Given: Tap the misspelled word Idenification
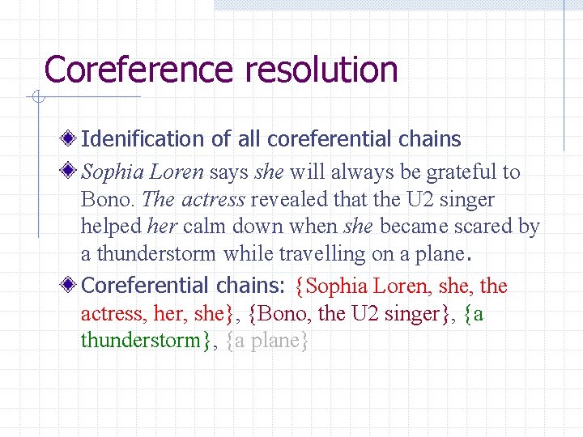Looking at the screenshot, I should (x=143, y=139).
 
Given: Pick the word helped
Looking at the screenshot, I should (x=110, y=227).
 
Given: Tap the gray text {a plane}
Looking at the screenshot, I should (x=268, y=341).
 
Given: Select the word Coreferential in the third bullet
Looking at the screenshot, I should (x=145, y=286).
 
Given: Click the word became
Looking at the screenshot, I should (x=411, y=227).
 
